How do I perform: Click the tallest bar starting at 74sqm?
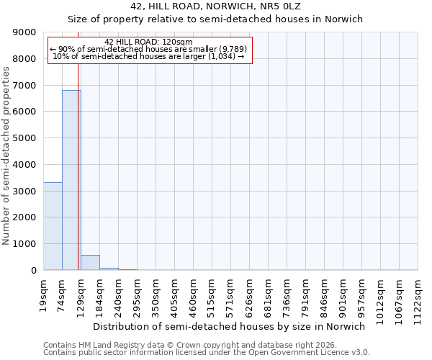(71, 180)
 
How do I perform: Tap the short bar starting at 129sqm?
(90, 263)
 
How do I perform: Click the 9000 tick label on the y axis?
(24, 32)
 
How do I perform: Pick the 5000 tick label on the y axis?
(24, 138)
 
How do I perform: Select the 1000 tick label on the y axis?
(24, 244)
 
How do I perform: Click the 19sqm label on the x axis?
(44, 294)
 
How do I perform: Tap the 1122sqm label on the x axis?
(418, 297)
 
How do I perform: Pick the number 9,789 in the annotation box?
(232, 49)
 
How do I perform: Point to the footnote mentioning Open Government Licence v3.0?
(207, 353)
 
